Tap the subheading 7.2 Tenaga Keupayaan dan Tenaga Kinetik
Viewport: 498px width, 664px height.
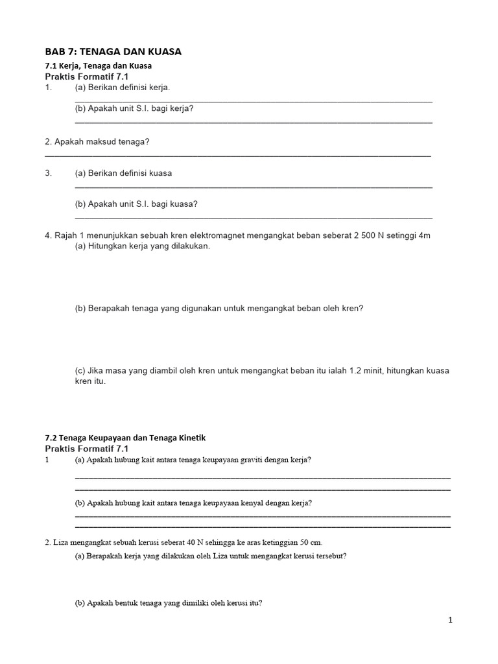[x=125, y=438]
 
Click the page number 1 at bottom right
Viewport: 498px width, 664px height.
[x=450, y=621]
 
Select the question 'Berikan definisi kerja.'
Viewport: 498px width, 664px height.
[x=129, y=87]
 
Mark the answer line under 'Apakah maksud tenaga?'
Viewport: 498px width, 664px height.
[x=237, y=156]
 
